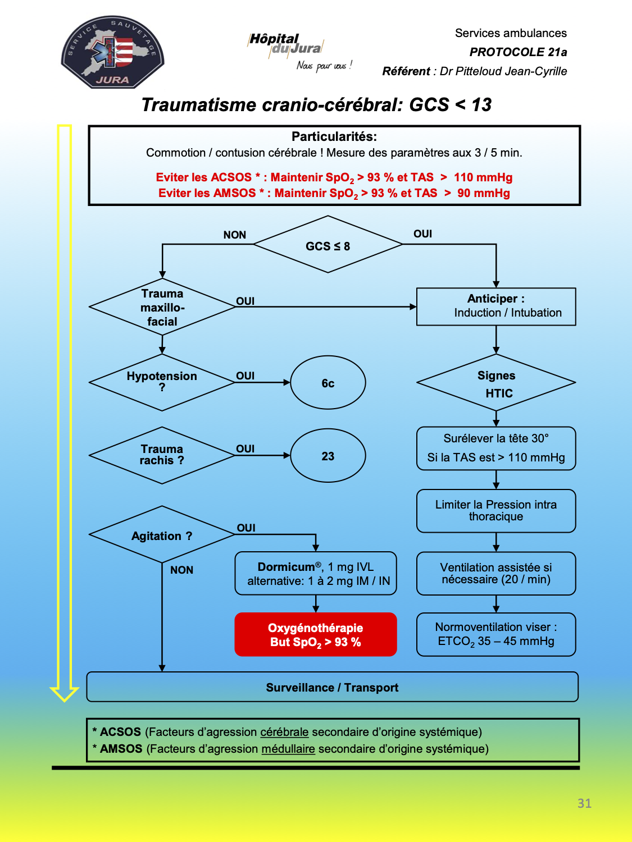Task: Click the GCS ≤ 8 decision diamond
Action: coord(328,244)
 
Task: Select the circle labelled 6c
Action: coord(328,382)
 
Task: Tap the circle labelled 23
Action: coord(328,455)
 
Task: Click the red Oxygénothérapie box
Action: coord(315,634)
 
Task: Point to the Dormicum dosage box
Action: coord(315,574)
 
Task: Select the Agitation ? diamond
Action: coord(162,534)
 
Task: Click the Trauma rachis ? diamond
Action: coord(162,455)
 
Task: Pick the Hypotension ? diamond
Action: coord(162,382)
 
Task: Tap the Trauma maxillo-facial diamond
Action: coord(162,307)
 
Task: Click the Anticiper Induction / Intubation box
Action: coord(496,307)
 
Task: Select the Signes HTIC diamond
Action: coord(496,382)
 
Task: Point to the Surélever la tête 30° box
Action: coord(496,449)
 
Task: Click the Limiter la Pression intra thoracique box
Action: coord(496,511)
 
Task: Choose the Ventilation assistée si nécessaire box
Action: coord(496,574)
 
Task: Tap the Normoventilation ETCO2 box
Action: coord(496,634)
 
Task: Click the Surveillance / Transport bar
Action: coord(333,687)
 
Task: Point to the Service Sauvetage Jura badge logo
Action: coord(112,52)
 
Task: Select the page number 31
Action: coord(584,803)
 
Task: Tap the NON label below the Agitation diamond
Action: coord(181,570)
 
